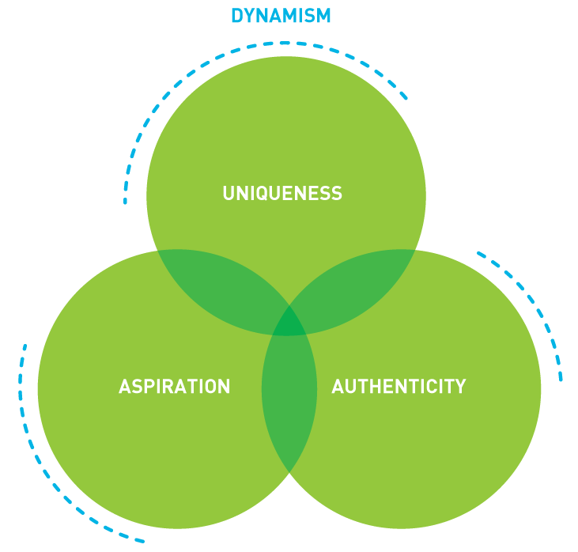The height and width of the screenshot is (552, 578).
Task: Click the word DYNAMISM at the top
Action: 281,16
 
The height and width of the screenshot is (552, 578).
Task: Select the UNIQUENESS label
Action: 282,194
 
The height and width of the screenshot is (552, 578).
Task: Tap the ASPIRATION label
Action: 174,387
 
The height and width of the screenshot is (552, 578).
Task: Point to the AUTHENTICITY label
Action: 399,387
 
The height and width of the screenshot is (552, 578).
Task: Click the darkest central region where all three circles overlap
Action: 289,323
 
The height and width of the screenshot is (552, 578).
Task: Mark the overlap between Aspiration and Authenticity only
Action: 289,395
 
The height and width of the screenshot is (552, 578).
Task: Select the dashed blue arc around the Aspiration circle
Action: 47,474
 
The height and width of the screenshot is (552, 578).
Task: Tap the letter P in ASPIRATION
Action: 150,387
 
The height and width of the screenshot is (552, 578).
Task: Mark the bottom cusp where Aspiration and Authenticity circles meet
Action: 289,472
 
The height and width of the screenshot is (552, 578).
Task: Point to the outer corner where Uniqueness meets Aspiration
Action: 159,250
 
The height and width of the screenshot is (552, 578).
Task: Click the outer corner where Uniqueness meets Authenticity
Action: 414,250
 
